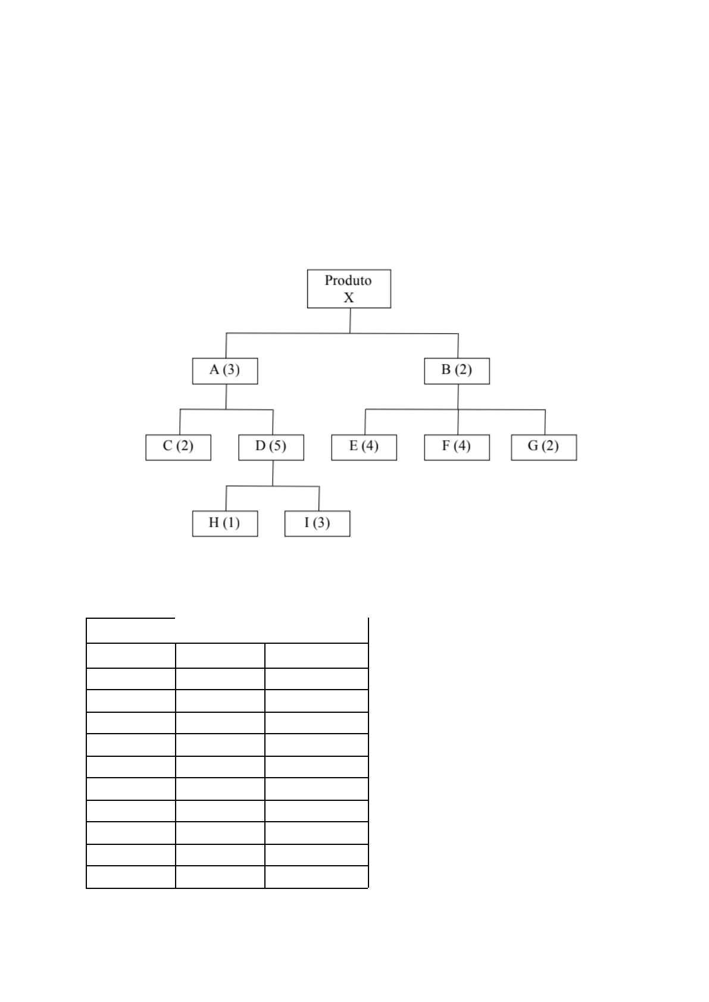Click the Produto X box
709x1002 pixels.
349,289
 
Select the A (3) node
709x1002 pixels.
225,371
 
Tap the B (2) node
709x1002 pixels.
457,371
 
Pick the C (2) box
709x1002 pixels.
178,447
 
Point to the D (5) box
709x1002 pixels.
271,447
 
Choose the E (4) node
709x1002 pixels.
364,447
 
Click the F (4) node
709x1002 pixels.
457,447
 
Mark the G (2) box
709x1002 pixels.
544,447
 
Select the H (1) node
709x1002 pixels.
225,524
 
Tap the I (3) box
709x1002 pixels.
317,524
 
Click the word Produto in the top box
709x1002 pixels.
348,280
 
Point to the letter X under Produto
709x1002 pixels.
349,298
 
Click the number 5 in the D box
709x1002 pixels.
277,446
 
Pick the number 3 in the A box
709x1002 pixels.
231,370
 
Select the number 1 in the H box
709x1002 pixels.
232,522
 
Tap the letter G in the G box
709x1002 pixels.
533,446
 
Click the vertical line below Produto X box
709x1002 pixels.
350,321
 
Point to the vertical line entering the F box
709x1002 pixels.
458,422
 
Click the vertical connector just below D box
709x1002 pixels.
273,473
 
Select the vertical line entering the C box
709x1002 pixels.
180,422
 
